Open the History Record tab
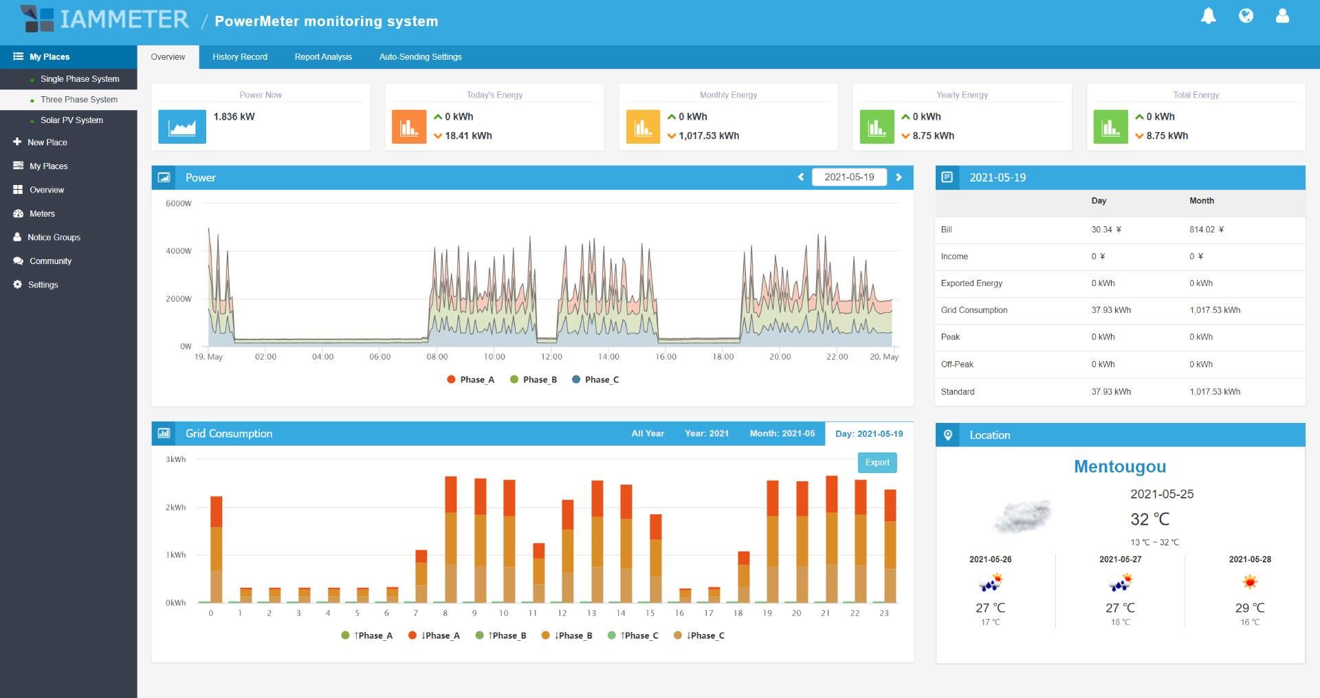(x=239, y=57)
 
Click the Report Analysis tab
(x=323, y=57)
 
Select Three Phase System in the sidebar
(x=79, y=100)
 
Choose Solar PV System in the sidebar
(x=71, y=120)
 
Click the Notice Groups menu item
(x=54, y=237)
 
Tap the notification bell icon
(x=1208, y=16)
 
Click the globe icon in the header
(x=1246, y=16)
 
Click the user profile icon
(x=1282, y=16)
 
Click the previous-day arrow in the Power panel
(x=801, y=177)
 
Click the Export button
(x=877, y=463)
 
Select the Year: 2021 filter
(x=707, y=434)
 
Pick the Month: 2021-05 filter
(x=782, y=434)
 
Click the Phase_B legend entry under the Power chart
(x=533, y=380)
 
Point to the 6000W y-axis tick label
(x=179, y=204)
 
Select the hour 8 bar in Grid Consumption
(x=451, y=539)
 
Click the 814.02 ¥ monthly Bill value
(x=1207, y=230)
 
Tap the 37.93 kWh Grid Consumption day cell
(x=1111, y=310)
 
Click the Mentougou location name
(x=1120, y=466)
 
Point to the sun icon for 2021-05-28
(x=1250, y=582)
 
